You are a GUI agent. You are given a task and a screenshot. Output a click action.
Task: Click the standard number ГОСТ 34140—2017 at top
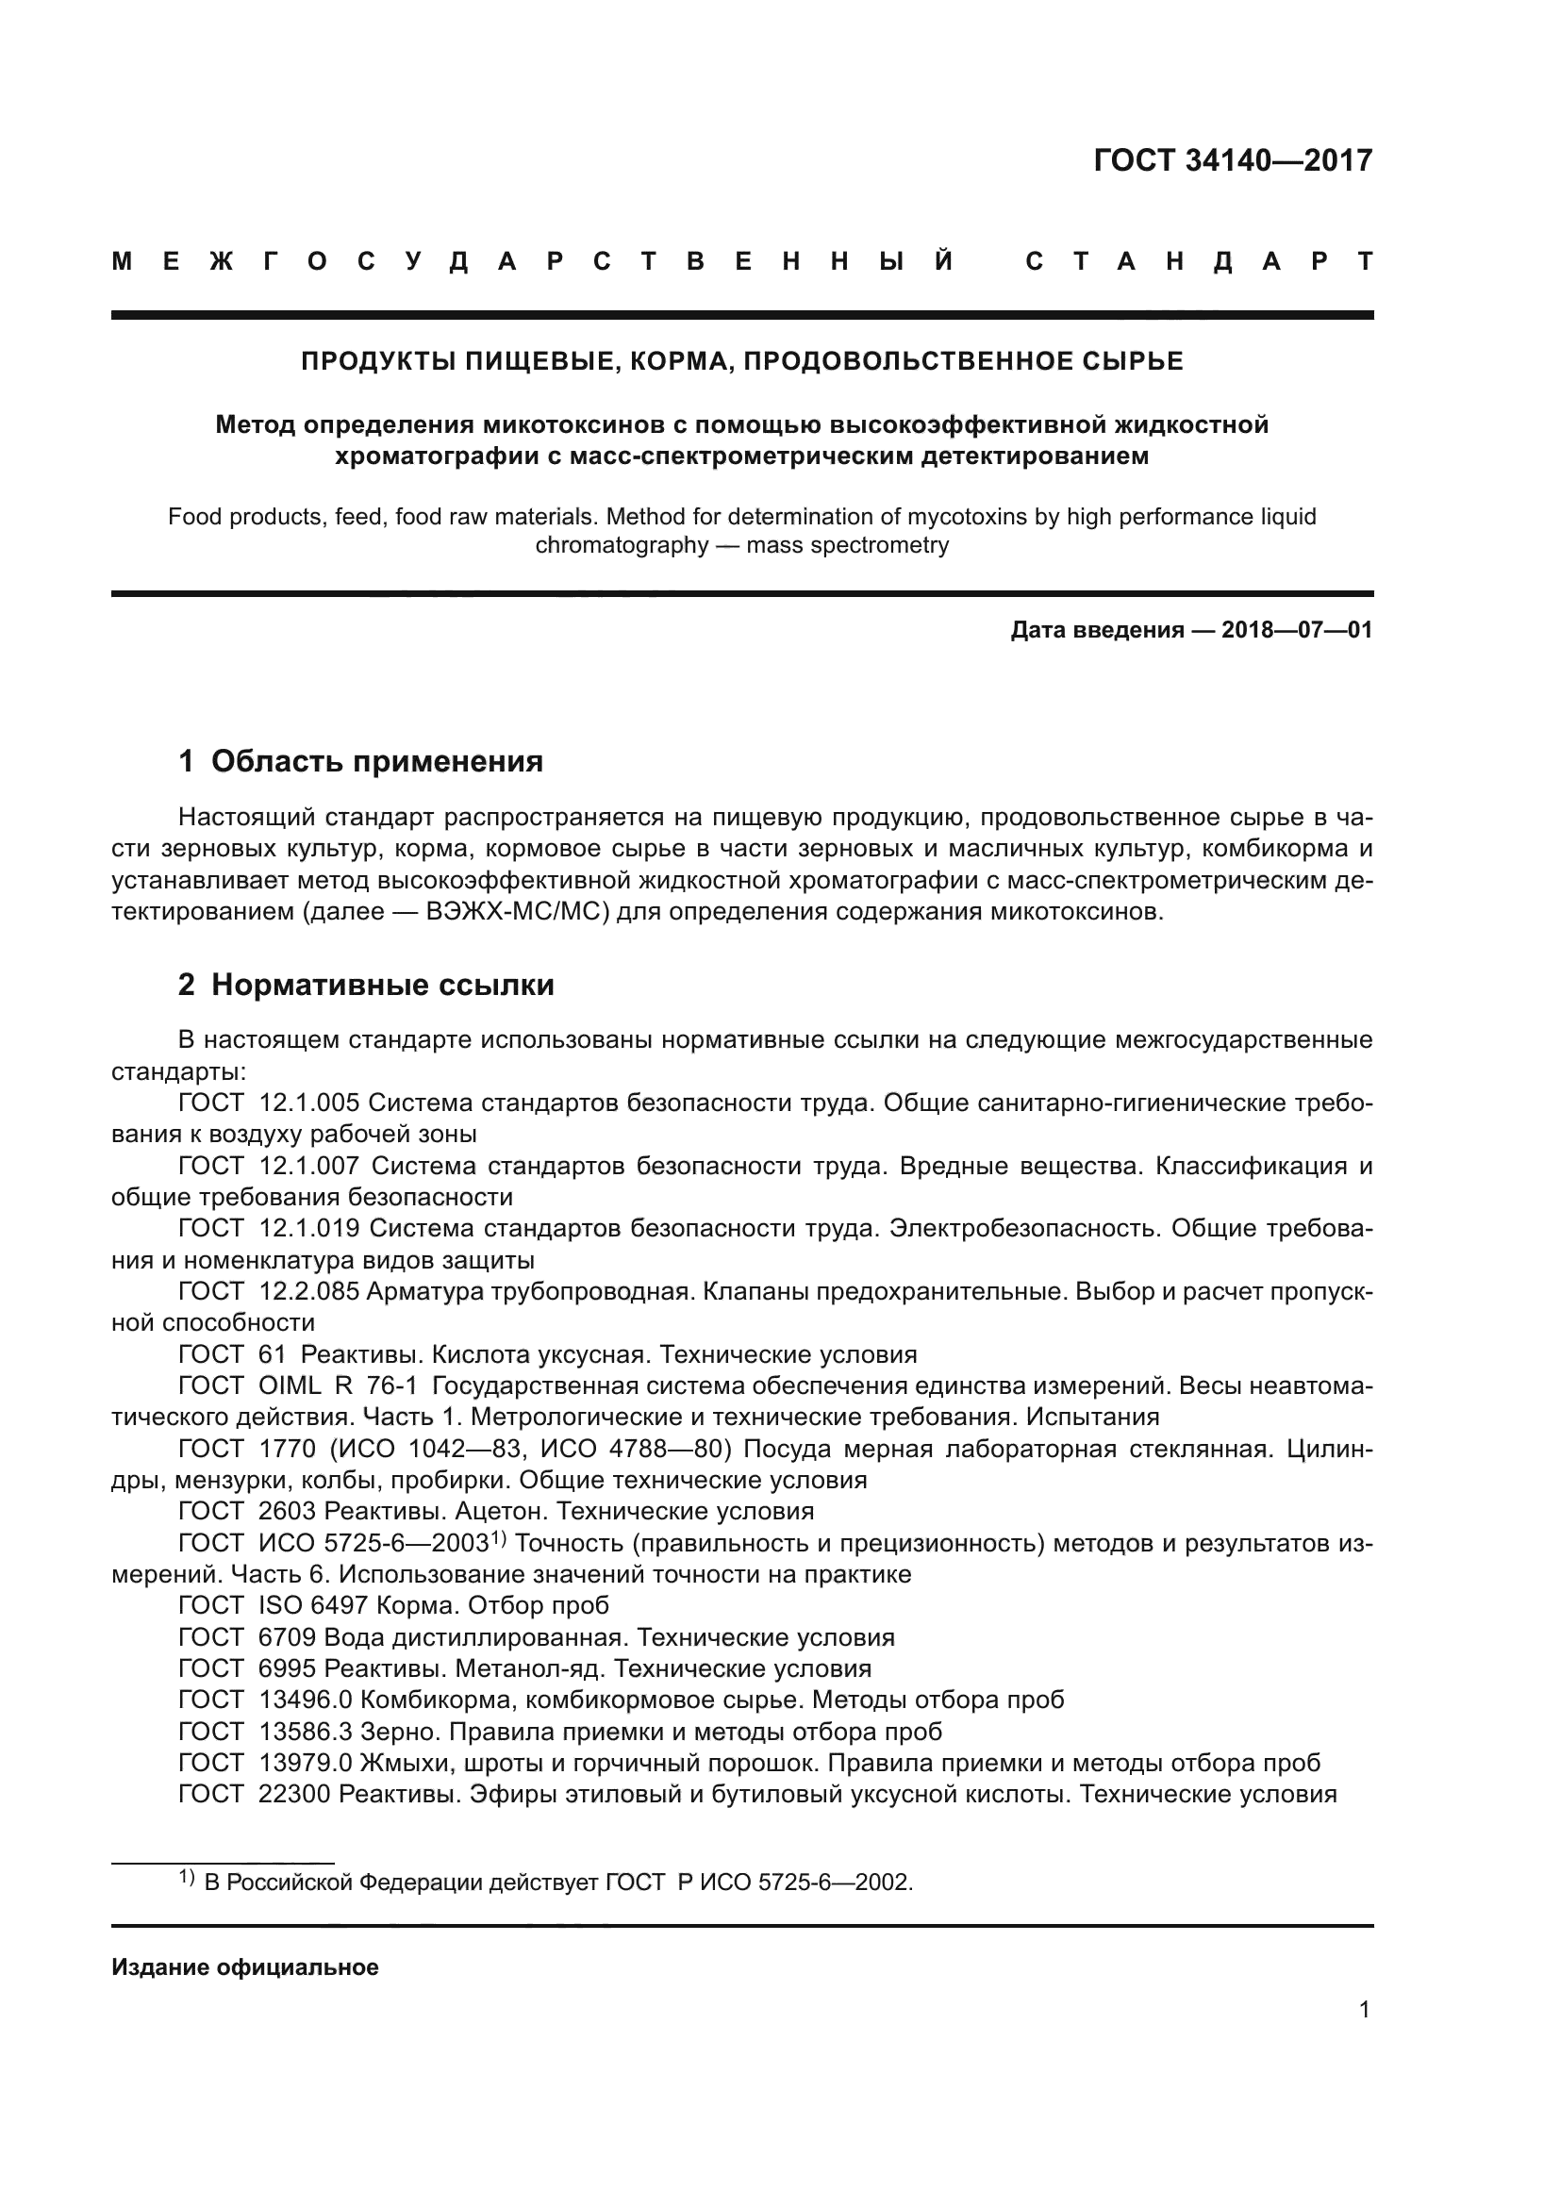tap(1233, 160)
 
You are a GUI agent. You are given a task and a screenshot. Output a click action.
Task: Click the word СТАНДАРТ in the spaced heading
tap(1199, 261)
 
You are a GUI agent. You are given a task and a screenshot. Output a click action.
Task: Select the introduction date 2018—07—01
tap(1297, 630)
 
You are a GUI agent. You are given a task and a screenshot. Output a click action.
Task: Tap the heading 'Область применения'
tap(376, 762)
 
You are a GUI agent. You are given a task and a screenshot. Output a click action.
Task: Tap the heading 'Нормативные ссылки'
tap(382, 985)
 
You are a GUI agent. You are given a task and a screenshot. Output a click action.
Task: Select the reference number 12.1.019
tap(308, 1228)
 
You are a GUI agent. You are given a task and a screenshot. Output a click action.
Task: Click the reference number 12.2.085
tap(308, 1291)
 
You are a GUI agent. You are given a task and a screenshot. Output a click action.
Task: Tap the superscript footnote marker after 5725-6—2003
tap(499, 1538)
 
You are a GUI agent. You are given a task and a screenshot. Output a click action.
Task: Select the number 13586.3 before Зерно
tap(306, 1732)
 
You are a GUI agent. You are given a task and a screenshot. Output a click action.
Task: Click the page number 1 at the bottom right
tap(1364, 2009)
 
